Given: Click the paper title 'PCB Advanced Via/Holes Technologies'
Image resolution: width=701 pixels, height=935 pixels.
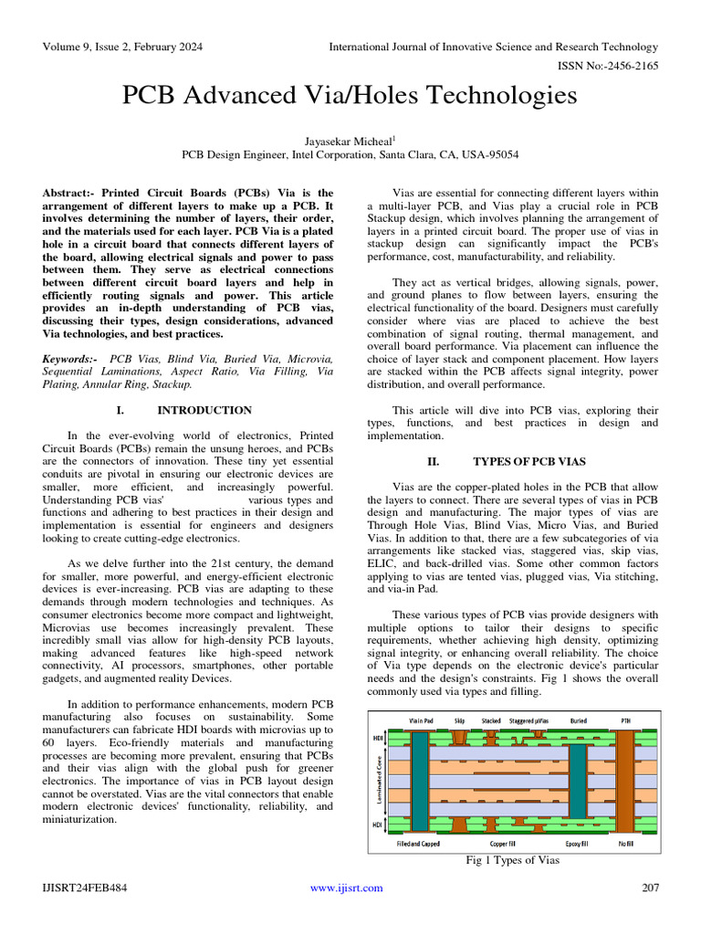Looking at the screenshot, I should tap(350, 96).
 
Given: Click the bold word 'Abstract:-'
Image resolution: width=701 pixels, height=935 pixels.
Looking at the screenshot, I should tap(69, 194).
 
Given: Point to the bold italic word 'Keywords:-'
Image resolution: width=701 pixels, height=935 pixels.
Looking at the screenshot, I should tap(70, 360).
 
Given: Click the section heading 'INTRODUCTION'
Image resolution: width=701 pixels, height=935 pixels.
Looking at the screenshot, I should tap(204, 410).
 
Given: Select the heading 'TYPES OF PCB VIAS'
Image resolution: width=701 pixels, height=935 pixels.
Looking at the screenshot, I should tap(529, 462).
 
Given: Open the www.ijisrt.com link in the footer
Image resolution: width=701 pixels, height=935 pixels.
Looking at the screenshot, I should tap(347, 888).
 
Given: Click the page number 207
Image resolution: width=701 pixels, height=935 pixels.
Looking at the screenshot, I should tap(650, 888).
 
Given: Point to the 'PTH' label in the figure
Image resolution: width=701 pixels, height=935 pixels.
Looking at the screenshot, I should tap(625, 720).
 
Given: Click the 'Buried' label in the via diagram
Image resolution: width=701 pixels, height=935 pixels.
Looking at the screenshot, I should tap(578, 720).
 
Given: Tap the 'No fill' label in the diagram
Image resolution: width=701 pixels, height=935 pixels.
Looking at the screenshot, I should tap(626, 844).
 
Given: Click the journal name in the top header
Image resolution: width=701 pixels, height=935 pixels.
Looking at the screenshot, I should tap(493, 47).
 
